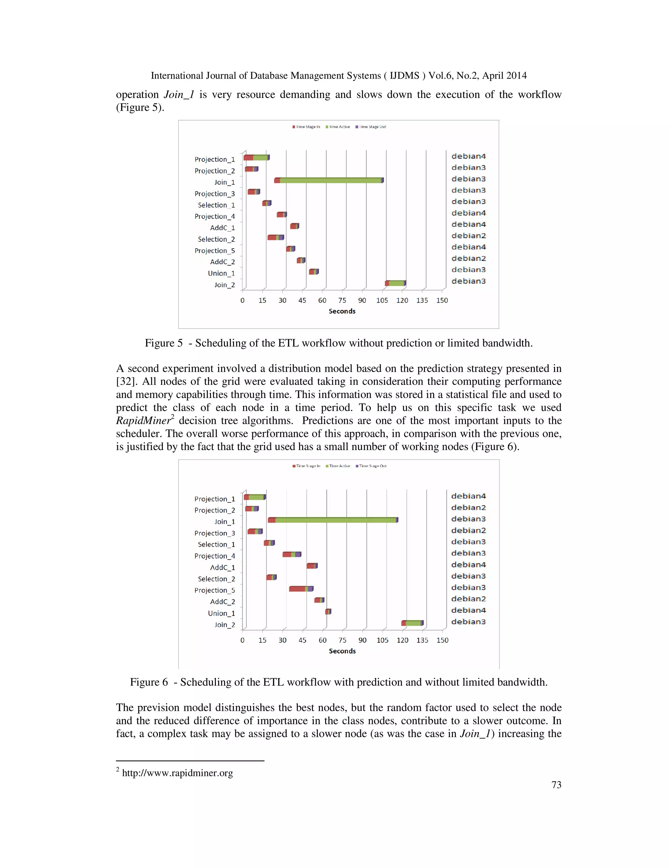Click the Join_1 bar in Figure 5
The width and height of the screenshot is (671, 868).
coord(329,180)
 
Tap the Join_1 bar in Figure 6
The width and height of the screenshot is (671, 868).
coord(333,520)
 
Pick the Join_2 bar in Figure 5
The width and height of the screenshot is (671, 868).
coord(395,283)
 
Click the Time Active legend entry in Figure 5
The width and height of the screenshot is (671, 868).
coord(338,127)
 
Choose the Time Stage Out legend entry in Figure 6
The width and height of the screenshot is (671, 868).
coord(371,466)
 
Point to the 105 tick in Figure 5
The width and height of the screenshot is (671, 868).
coord(382,300)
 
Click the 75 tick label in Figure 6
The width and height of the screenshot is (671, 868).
coord(343,640)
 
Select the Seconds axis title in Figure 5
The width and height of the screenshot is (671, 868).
coord(342,311)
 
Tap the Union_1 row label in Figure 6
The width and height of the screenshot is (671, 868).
coord(221,613)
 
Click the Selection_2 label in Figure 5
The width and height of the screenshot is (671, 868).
coord(216,239)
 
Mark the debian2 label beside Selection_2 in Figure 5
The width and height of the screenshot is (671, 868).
coord(469,236)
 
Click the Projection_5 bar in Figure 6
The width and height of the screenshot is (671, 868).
coord(301,589)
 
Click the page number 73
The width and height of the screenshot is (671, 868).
coord(556,785)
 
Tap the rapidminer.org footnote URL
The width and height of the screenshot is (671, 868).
coord(177,773)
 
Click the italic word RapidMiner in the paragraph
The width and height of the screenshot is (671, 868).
coord(143,421)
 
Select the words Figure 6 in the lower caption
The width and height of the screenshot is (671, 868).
coord(149,682)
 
